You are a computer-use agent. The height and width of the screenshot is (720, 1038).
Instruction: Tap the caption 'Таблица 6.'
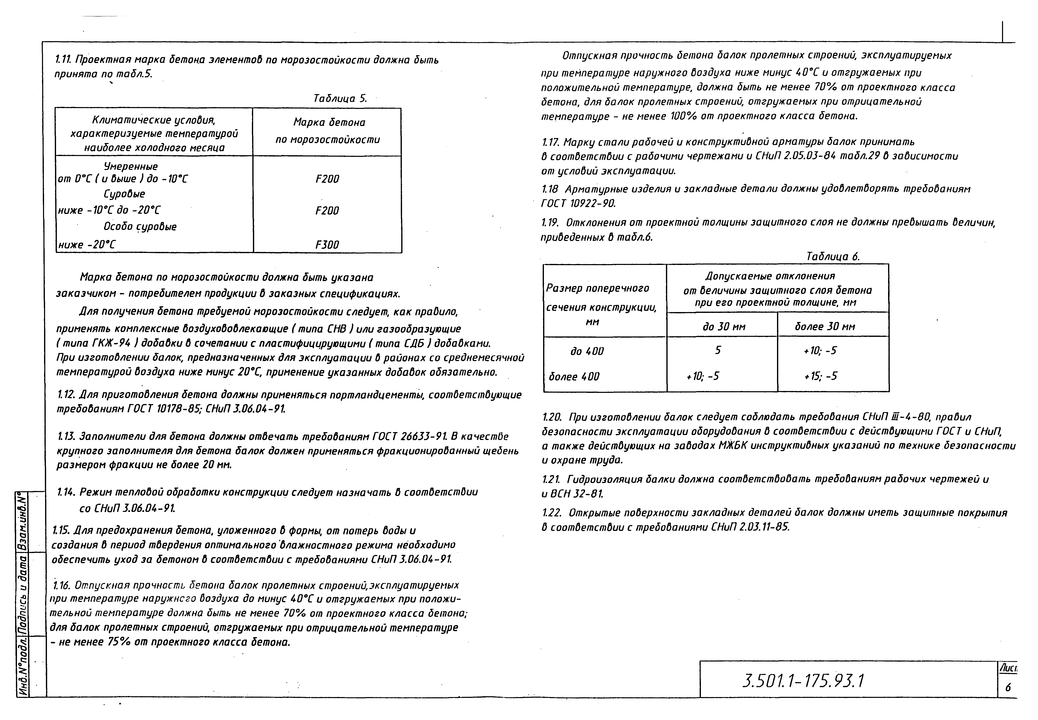pyautogui.click(x=833, y=257)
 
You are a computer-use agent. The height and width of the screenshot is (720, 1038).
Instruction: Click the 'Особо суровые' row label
pyautogui.click(x=140, y=226)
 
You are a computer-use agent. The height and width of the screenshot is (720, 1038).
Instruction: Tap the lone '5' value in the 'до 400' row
pyautogui.click(x=718, y=350)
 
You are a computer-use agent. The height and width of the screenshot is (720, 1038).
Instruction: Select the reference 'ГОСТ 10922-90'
pyautogui.click(x=578, y=204)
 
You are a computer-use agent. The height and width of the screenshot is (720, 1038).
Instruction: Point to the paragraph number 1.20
pyautogui.click(x=552, y=417)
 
